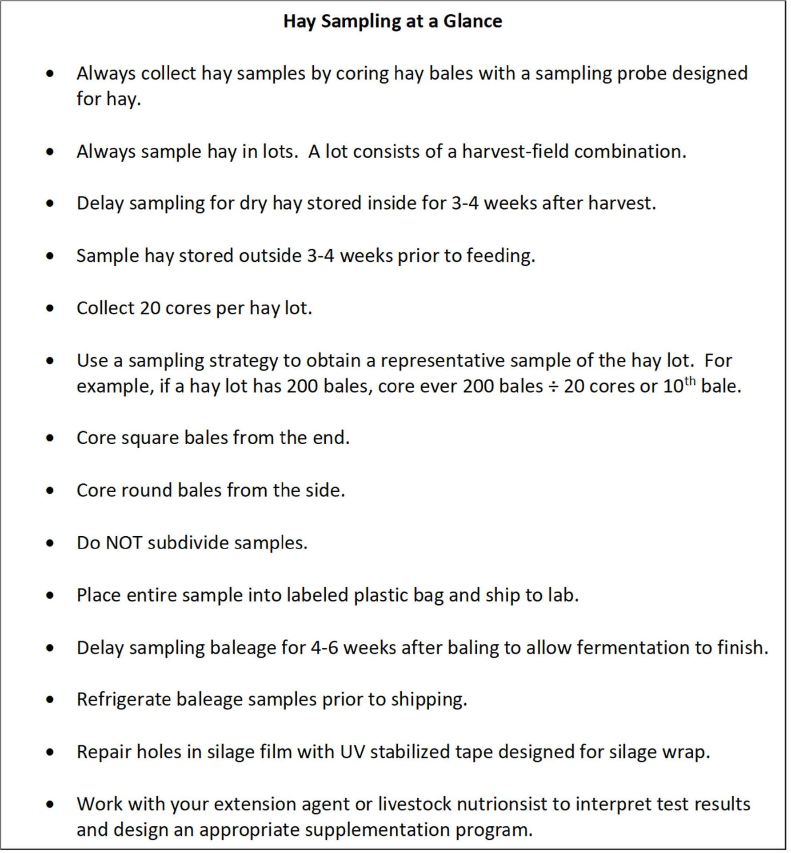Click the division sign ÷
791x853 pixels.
tap(553, 387)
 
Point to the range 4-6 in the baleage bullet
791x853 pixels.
tap(323, 647)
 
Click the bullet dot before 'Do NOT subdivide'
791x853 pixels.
tap(50, 543)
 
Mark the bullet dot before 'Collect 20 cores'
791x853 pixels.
tap(50, 308)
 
